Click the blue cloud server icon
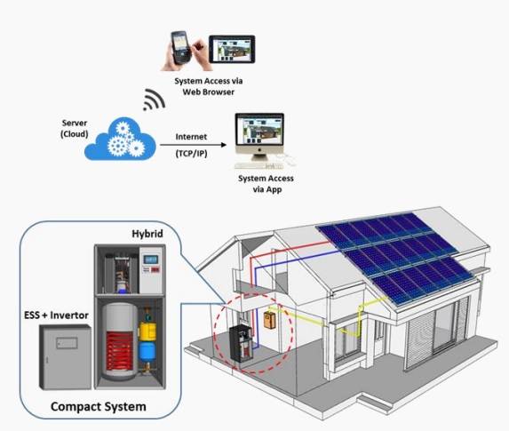coord(120,139)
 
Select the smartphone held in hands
coord(180,47)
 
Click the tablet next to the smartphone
coord(232,50)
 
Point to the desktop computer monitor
coord(259,134)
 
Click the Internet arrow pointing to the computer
coord(193,145)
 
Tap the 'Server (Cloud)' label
coord(75,129)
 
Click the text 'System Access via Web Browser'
coord(209,86)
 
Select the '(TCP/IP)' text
coord(191,154)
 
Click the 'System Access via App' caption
coord(266,184)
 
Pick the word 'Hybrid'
coord(147,234)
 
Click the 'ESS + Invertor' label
coord(56,315)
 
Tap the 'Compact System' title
coord(99,407)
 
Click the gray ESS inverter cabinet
coord(65,357)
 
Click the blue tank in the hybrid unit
coord(147,352)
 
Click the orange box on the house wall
coord(269,320)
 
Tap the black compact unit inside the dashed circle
coord(241,344)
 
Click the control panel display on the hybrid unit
coord(151,259)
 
